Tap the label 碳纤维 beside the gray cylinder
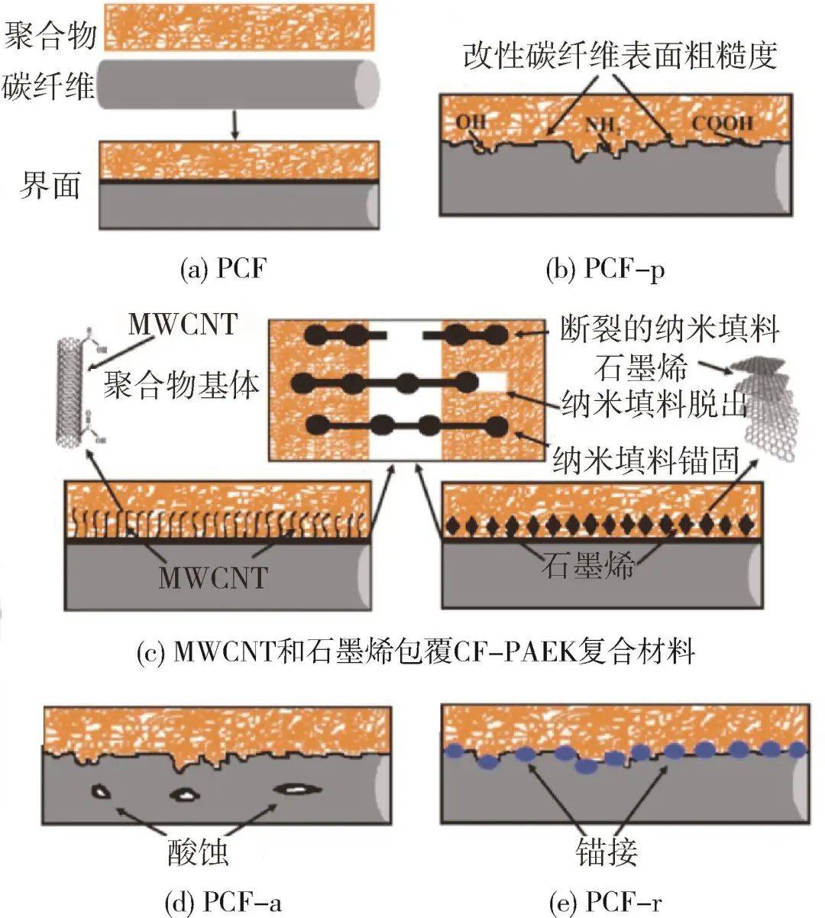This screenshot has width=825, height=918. pyautogui.click(x=48, y=86)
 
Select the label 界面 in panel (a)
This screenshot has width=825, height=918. pyautogui.click(x=50, y=186)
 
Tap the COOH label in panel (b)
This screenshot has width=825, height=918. pyautogui.click(x=722, y=124)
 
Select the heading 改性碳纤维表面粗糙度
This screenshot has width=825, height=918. pyautogui.click(x=620, y=56)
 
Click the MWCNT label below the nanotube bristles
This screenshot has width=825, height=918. pyautogui.click(x=213, y=577)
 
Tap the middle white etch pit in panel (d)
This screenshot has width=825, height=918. pyautogui.click(x=184, y=795)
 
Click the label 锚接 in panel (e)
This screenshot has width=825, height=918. pyautogui.click(x=607, y=852)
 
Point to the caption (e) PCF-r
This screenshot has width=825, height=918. pyautogui.click(x=606, y=903)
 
